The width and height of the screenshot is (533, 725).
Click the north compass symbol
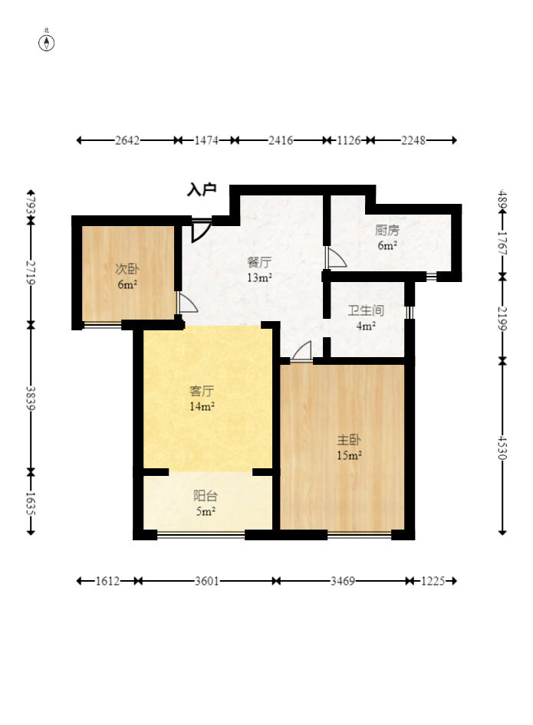(46, 43)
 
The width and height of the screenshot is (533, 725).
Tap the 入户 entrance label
(202, 189)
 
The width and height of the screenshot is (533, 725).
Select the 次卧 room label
(127, 269)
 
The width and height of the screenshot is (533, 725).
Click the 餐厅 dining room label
(259, 262)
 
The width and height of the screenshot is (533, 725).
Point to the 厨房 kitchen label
(387, 230)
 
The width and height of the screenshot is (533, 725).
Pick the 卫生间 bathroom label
(366, 310)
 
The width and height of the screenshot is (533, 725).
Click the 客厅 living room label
(202, 391)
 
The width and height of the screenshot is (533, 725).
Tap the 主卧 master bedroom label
(349, 439)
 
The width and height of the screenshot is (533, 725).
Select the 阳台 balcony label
(205, 496)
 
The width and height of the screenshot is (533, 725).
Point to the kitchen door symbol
(336, 257)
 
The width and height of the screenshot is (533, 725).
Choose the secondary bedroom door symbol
(187, 303)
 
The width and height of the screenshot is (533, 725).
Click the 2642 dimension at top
(127, 140)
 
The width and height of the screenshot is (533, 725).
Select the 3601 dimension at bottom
(206, 581)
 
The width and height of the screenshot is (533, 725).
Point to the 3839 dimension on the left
(31, 398)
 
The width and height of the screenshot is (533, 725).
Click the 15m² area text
(349, 455)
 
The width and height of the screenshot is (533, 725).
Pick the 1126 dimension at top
(348, 140)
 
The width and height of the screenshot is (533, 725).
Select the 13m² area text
(259, 277)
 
